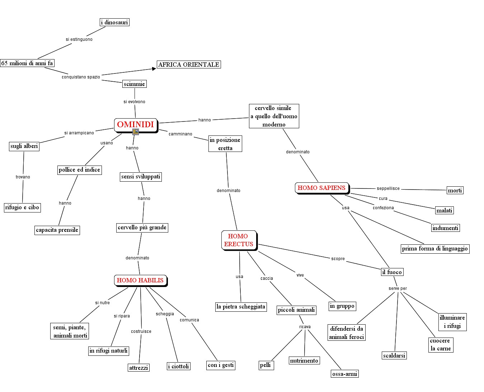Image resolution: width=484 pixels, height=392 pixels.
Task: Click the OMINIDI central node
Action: [x=136, y=125]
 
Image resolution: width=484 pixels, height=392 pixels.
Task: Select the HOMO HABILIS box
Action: [x=140, y=280]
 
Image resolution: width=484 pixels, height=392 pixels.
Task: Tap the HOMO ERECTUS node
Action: [x=239, y=240]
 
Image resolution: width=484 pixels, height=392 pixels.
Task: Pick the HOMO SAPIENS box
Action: [x=321, y=188]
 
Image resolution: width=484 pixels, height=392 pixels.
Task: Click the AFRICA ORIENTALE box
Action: [x=189, y=64]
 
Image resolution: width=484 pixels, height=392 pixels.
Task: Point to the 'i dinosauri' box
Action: [x=114, y=22]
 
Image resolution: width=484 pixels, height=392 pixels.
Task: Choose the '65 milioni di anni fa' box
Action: [x=27, y=63]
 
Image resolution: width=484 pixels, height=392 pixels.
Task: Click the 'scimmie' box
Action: [x=134, y=84]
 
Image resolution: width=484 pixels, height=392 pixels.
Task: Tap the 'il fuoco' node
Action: [x=392, y=272]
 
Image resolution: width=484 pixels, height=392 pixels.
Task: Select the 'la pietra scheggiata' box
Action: [x=241, y=307]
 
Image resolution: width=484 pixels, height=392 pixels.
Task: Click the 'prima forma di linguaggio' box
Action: [x=435, y=249]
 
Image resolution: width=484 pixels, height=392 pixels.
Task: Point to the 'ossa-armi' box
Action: [x=344, y=374]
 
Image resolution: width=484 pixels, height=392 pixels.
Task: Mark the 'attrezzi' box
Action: [x=138, y=368]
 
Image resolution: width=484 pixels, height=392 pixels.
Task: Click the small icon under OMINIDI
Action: [x=136, y=132]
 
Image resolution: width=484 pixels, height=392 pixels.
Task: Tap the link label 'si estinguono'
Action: [x=79, y=39]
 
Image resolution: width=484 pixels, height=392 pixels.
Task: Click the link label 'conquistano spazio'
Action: [x=81, y=77]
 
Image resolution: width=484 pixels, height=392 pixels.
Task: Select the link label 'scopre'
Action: [x=338, y=259]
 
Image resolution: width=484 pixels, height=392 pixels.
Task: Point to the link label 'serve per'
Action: [x=398, y=288]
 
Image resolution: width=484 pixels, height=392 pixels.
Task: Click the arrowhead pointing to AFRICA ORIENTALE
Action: [x=154, y=69]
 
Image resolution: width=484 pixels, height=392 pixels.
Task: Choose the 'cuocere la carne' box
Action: [x=441, y=345]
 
